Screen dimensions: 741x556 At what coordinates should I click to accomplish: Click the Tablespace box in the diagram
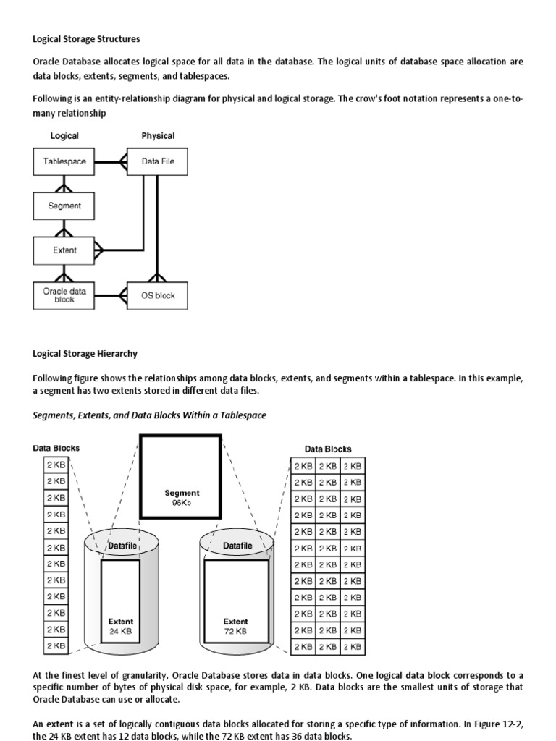click(x=64, y=161)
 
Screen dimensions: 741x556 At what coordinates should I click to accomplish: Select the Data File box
click(x=157, y=161)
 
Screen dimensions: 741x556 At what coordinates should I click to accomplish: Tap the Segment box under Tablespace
click(x=64, y=206)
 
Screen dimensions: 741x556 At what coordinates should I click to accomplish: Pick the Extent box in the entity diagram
click(x=64, y=251)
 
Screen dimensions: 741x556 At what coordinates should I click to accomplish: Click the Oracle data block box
click(x=64, y=295)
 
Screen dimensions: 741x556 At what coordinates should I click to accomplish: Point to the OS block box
click(x=157, y=295)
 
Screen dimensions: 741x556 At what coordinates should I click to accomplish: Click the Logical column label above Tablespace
click(x=64, y=135)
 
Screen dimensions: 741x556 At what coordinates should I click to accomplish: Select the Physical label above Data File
click(x=158, y=135)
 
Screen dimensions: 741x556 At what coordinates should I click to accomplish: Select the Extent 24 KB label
click(x=120, y=626)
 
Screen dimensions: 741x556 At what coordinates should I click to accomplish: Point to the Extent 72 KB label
click(x=235, y=626)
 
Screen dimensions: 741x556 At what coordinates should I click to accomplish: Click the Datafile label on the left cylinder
click(x=122, y=545)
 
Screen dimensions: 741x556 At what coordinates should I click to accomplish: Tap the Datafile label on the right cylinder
click(x=237, y=545)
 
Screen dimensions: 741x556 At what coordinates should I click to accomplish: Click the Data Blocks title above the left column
click(x=56, y=448)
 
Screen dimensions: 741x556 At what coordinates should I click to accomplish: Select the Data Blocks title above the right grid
click(x=328, y=449)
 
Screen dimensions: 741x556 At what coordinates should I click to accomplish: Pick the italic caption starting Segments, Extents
click(x=149, y=415)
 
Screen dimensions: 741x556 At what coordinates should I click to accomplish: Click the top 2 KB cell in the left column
click(x=56, y=465)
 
